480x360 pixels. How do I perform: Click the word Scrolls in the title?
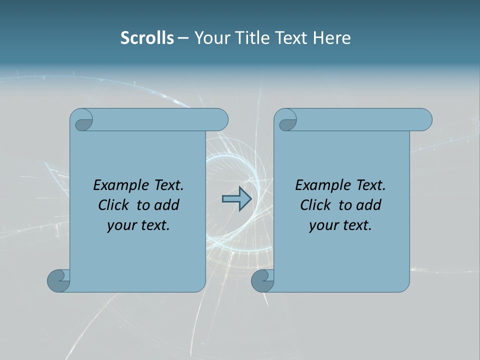(x=147, y=38)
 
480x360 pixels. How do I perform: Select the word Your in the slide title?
(x=210, y=38)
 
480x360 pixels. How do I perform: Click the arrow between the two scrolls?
(x=236, y=199)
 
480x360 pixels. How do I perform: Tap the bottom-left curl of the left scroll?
(x=58, y=280)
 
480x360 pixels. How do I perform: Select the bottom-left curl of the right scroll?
(x=262, y=280)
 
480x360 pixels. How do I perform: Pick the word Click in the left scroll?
(x=114, y=205)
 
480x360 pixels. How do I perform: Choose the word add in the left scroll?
(x=166, y=205)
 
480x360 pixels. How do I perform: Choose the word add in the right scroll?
(x=368, y=205)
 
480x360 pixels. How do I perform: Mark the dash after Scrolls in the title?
(x=183, y=38)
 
